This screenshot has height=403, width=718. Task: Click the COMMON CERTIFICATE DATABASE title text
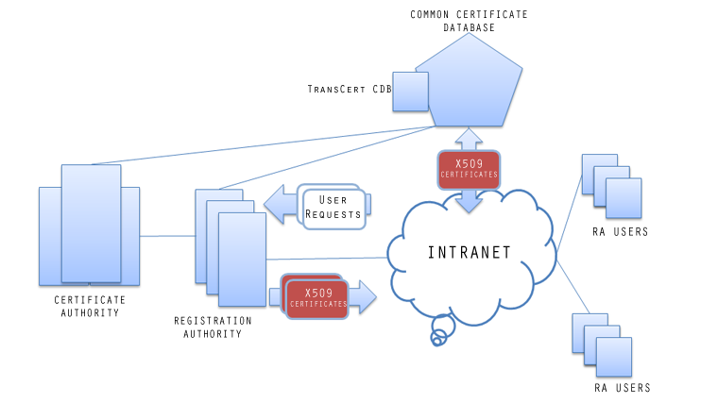tap(470, 21)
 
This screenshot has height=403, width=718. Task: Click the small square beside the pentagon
tap(409, 92)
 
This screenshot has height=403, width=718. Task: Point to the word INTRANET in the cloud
tap(470, 252)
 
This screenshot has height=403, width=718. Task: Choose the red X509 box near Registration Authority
tap(318, 296)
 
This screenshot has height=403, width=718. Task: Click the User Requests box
tap(333, 207)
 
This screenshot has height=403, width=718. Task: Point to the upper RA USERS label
tap(621, 232)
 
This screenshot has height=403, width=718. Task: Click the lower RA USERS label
tap(622, 388)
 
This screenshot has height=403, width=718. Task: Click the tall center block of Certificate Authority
tap(91, 223)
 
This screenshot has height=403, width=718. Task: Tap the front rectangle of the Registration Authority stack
tap(241, 253)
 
